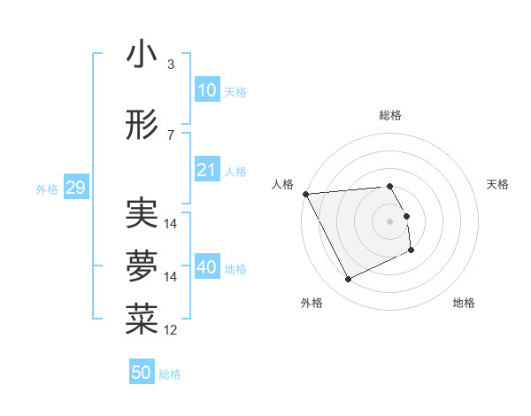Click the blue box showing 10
(x=206, y=90)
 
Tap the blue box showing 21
(x=206, y=170)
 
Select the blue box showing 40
(x=206, y=267)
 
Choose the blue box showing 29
(x=75, y=188)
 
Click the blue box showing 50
(x=142, y=373)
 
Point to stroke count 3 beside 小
(x=171, y=65)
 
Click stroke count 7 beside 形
(x=171, y=135)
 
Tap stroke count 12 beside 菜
(x=171, y=330)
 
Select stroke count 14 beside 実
(x=171, y=223)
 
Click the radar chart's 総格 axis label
(x=389, y=115)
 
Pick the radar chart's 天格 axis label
(x=498, y=184)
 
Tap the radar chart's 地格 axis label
(x=464, y=303)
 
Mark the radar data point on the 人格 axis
(x=305, y=194)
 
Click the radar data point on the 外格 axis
(x=348, y=280)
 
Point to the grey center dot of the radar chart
(x=389, y=220)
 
